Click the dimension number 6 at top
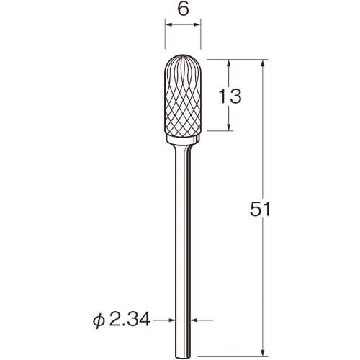[183, 9]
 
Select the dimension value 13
[230, 96]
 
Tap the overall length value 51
[260, 209]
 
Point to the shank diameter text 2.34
[130, 320]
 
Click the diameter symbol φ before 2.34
[99, 320]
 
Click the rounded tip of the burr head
[183, 55]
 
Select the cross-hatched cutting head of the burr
[183, 95]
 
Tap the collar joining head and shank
[183, 140]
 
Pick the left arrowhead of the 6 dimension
[168, 24]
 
